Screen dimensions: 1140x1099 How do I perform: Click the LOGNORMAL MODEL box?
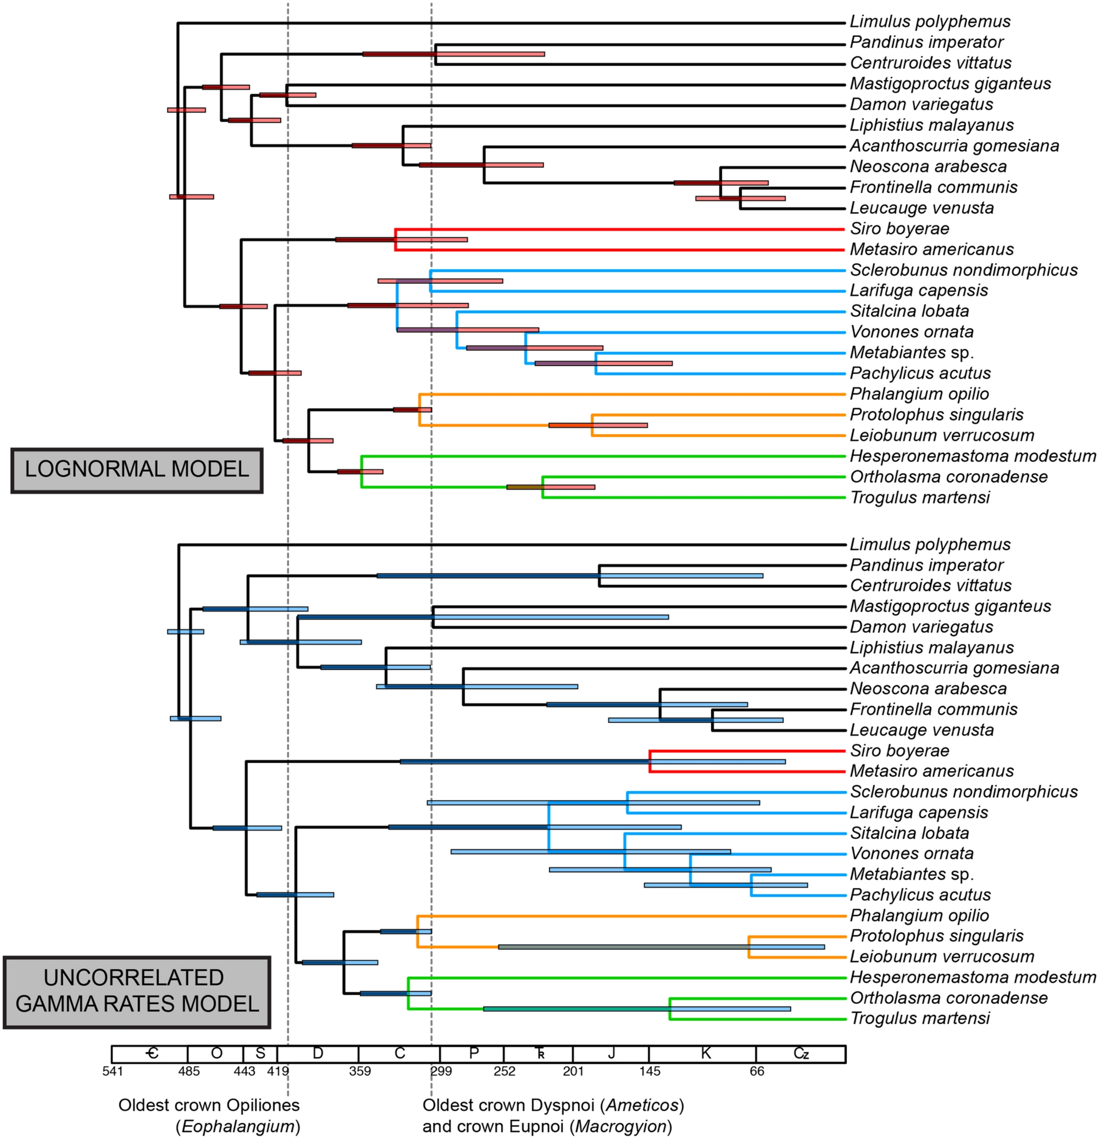tap(137, 470)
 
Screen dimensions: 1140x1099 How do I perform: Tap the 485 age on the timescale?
tap(189, 1071)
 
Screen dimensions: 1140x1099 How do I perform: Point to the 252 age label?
tap(504, 1071)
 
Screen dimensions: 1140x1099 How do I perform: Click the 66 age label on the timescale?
tap(757, 1071)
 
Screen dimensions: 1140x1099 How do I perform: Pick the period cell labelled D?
tap(318, 1053)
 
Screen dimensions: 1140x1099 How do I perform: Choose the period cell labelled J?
tap(610, 1053)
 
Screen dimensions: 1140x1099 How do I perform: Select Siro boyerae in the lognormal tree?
tap(899, 228)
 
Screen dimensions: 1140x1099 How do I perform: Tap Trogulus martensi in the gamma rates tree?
tap(919, 1018)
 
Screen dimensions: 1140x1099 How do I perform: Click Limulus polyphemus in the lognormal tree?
tap(930, 22)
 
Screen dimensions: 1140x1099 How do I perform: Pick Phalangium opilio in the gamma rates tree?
tap(919, 916)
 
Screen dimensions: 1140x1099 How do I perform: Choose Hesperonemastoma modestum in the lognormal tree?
tap(973, 456)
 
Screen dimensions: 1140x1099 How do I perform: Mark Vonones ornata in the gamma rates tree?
tap(911, 853)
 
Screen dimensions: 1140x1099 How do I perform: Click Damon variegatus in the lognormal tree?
tap(921, 105)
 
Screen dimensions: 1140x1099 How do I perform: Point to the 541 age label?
tap(113, 1071)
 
